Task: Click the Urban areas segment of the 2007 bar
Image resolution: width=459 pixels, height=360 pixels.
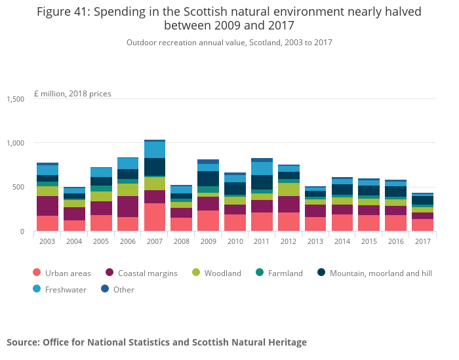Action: (x=155, y=217)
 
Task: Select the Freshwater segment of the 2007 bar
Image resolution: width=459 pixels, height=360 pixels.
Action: (x=155, y=150)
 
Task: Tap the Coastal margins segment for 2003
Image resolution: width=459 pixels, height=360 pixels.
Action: (x=47, y=206)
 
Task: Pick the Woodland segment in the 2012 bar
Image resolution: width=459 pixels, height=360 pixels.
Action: (x=289, y=190)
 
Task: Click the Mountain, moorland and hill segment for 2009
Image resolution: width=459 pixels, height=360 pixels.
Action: (x=208, y=178)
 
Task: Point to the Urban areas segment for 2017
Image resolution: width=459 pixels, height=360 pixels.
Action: (x=422, y=225)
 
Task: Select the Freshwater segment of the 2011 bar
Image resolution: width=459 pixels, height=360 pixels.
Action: (x=262, y=169)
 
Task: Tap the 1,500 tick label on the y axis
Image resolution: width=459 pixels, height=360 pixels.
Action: (x=15, y=99)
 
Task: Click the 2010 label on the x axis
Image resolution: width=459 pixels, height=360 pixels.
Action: (x=235, y=241)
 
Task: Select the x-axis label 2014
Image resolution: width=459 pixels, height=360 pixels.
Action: (x=342, y=241)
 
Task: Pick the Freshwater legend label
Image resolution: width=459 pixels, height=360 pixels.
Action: (x=66, y=289)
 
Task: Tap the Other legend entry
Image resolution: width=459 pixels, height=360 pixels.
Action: (x=124, y=289)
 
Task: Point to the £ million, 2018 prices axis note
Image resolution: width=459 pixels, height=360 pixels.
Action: (x=73, y=94)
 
